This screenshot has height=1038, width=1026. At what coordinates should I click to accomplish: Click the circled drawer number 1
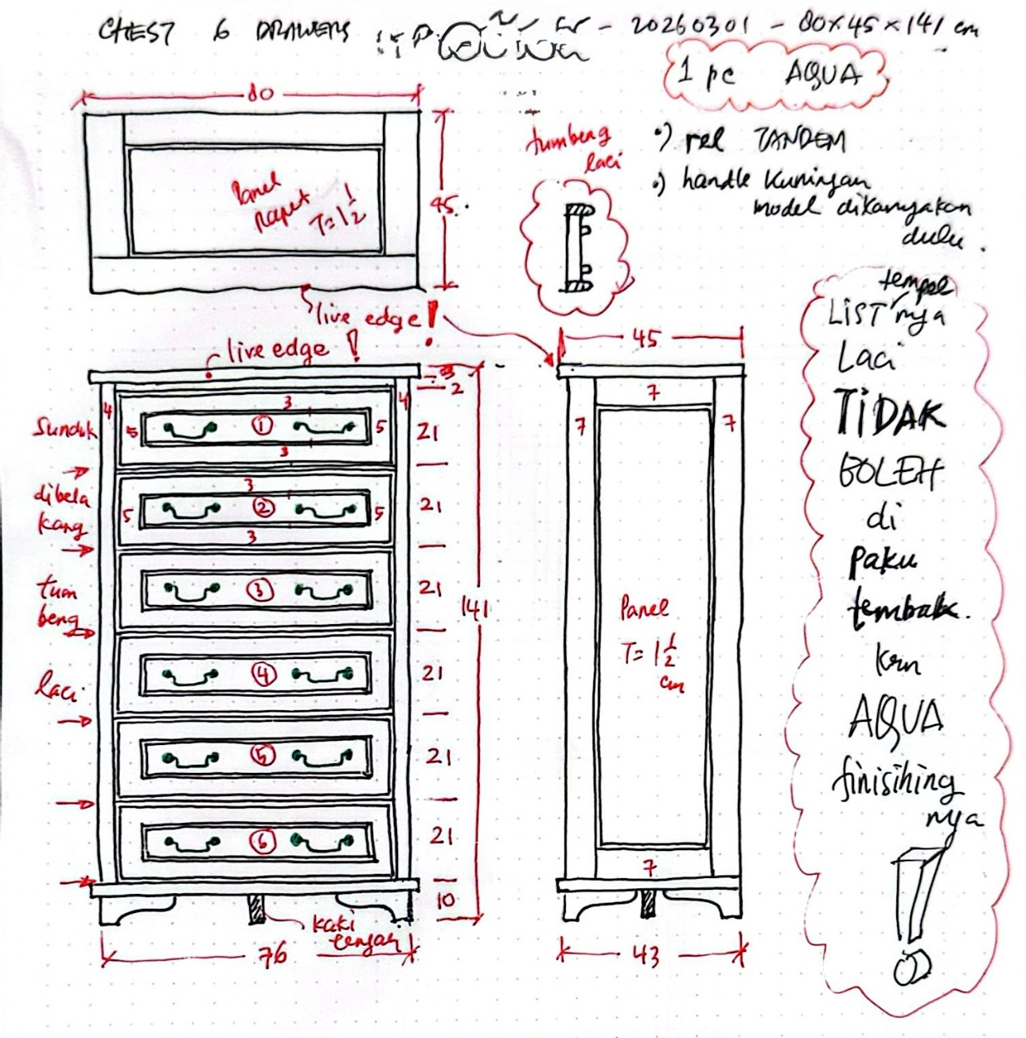262,427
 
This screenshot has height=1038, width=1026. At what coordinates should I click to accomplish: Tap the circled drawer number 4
264,675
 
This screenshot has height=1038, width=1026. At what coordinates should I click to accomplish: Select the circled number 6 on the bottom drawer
263,841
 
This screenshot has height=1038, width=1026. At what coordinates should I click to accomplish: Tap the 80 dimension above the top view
259,94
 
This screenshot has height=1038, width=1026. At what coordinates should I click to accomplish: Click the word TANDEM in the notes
799,142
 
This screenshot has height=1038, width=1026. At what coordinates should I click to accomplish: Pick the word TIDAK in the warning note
890,414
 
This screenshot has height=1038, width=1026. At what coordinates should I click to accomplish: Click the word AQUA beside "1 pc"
823,75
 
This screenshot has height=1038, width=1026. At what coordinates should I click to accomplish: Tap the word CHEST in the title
135,32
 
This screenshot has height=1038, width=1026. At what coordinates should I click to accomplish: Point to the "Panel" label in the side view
644,610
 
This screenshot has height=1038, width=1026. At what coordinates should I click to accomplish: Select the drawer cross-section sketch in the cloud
579,247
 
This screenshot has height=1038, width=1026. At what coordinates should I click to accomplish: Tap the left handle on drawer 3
192,591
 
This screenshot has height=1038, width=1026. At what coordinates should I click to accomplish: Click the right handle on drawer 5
322,757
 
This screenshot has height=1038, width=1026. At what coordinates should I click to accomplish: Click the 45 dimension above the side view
646,338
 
